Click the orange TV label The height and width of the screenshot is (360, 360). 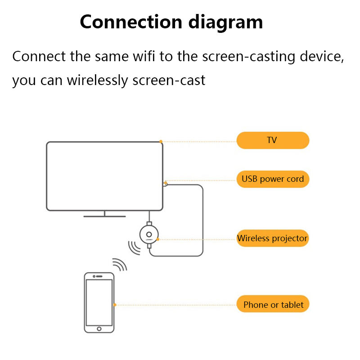click(x=273, y=140)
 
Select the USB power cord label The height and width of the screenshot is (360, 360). click(x=273, y=179)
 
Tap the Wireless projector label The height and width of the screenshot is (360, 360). click(x=273, y=238)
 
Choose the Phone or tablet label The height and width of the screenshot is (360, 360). click(x=273, y=305)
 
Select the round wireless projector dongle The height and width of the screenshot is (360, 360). click(x=149, y=234)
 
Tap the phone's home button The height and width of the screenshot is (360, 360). click(x=99, y=330)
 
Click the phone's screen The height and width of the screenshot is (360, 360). click(x=99, y=302)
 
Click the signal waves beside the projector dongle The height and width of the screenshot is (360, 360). click(x=134, y=247)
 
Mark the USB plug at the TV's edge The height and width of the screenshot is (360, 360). click(x=165, y=183)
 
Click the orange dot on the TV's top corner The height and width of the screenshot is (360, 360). click(x=161, y=141)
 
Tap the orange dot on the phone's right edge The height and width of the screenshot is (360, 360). click(x=115, y=305)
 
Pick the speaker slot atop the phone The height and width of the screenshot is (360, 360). click(x=99, y=275)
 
